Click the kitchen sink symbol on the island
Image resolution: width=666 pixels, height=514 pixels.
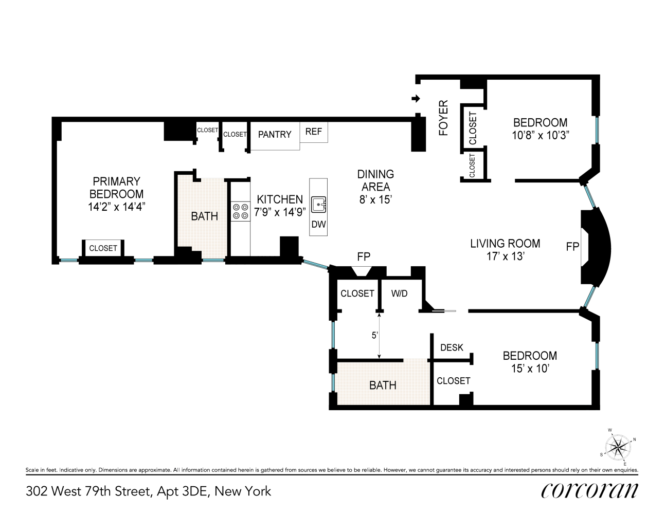coord(319,204)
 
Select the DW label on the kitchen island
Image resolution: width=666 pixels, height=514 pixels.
coord(319,225)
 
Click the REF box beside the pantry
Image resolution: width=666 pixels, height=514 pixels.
coord(314,132)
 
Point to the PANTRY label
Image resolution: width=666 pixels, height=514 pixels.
coord(275,134)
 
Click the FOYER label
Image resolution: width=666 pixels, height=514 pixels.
coord(443,118)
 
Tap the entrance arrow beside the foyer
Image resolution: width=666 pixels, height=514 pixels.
coord(416,99)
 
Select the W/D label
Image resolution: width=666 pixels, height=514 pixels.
coord(399,293)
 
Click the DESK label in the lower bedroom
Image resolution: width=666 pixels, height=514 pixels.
coord(452,347)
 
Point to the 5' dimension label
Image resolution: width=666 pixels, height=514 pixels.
coord(375,335)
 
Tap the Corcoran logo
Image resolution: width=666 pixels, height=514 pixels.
coord(589,491)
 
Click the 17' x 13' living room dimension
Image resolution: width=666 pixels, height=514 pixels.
coord(505,256)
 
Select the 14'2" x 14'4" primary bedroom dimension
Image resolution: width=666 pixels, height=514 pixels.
coord(116,207)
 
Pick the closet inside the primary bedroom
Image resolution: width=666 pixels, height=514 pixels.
coord(103,248)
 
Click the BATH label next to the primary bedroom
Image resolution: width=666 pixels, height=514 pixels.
coord(204,216)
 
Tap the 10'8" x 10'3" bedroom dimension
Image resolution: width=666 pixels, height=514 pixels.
coord(540,135)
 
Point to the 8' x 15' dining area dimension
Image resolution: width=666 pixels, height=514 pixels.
coord(375,200)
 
